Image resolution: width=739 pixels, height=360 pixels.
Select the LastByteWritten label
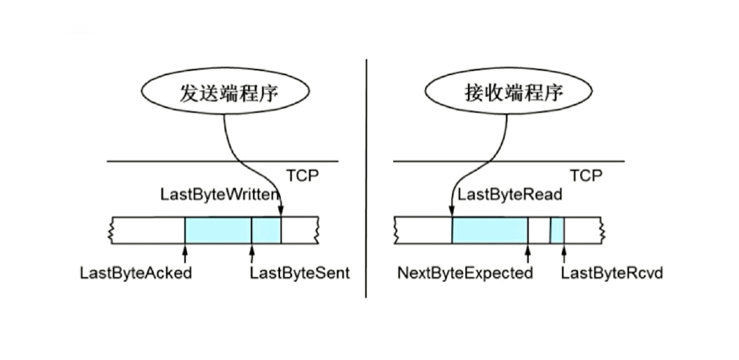pyautogui.click(x=218, y=195)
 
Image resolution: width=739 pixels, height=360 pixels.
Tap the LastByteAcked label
pyautogui.click(x=136, y=273)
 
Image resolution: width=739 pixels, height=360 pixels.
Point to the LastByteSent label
pyautogui.click(x=299, y=273)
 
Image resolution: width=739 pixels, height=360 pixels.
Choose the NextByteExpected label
pyautogui.click(x=465, y=273)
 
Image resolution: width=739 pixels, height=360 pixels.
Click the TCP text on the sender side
pyautogui.click(x=303, y=175)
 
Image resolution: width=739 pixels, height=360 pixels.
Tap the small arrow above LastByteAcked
pyautogui.click(x=185, y=252)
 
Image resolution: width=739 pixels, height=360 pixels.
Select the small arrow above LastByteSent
pyautogui.click(x=252, y=252)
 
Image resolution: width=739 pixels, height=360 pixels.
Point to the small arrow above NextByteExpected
pyautogui.click(x=528, y=252)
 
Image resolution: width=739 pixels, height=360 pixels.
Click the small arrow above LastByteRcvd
pyautogui.click(x=563, y=252)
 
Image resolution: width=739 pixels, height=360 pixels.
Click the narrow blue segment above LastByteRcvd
pyautogui.click(x=557, y=230)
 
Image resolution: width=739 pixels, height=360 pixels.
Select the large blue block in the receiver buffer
pyautogui.click(x=489, y=230)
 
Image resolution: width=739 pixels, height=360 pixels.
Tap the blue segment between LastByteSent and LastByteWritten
pyautogui.click(x=266, y=230)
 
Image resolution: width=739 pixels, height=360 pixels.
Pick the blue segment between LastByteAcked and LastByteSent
pyautogui.click(x=218, y=230)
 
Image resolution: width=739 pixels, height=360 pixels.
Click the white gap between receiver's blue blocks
pyautogui.click(x=539, y=230)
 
